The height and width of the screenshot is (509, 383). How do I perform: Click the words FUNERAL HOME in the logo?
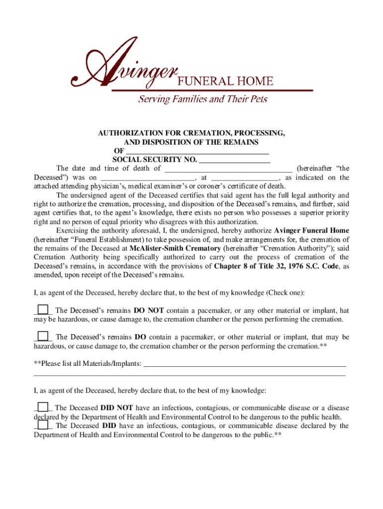pyautogui.click(x=225, y=81)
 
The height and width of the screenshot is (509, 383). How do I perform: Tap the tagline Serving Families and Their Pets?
pyautogui.click(x=202, y=99)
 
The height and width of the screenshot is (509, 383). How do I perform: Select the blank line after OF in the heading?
pyautogui.click(x=197, y=151)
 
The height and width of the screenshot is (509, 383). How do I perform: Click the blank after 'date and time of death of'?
pyautogui.click(x=228, y=169)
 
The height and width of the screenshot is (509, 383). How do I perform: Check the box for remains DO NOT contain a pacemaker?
pyautogui.click(x=43, y=309)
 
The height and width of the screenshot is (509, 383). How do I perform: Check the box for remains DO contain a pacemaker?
pyautogui.click(x=43, y=336)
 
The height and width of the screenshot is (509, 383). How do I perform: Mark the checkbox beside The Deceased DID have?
pyautogui.click(x=43, y=425)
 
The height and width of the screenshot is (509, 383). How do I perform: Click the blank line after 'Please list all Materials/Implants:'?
pyautogui.click(x=244, y=364)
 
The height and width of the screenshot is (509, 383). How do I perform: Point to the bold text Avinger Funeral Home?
pyautogui.click(x=312, y=231)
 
